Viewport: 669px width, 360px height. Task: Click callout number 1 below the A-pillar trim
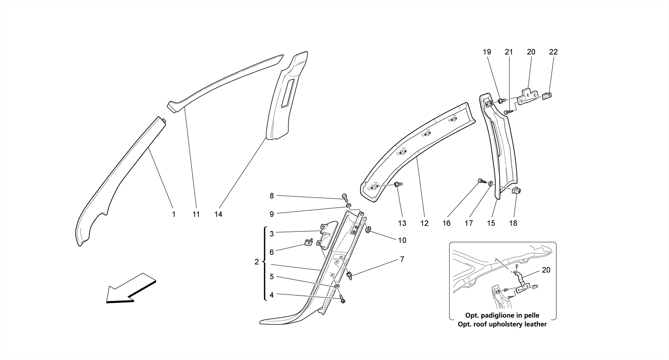point(174,214)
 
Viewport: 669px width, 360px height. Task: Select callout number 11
point(196,214)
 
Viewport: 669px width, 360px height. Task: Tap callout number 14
point(218,214)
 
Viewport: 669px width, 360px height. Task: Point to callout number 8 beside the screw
point(271,196)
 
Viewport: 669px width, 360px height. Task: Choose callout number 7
point(402,259)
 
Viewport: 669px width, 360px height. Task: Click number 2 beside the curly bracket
point(256,262)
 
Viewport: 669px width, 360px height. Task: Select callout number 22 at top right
point(553,52)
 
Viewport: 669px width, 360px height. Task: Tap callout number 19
point(487,52)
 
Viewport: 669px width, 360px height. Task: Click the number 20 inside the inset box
point(546,270)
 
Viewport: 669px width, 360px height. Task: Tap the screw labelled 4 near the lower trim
point(342,299)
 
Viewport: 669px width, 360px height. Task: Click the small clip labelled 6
point(80,242)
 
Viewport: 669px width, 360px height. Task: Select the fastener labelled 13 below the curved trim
point(398,185)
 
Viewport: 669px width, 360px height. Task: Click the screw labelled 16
point(481,181)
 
